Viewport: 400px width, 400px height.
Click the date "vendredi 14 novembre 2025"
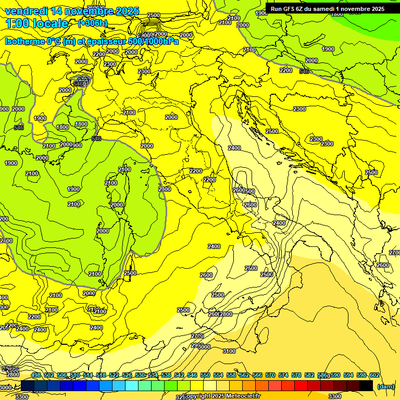coord(72,11)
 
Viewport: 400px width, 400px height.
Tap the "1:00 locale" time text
coord(37,24)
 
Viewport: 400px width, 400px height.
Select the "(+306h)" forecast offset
coord(93,23)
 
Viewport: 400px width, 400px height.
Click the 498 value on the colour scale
coord(36,375)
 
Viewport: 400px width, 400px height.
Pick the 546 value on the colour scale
coord(192,375)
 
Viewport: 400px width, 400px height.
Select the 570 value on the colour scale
coord(270,375)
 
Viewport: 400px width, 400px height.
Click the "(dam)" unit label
coord(385,386)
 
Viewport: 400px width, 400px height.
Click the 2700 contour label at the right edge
coord(394,253)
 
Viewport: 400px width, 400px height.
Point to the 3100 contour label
coord(229,351)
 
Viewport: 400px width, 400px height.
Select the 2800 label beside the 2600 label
coord(226,314)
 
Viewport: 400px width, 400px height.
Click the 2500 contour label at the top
coord(154,15)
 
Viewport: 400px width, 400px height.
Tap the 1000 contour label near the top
coord(243,25)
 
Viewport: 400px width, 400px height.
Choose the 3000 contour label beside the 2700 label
coord(204,346)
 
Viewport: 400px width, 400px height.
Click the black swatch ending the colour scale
coord(366,385)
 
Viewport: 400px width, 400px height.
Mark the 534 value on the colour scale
coord(153,375)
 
